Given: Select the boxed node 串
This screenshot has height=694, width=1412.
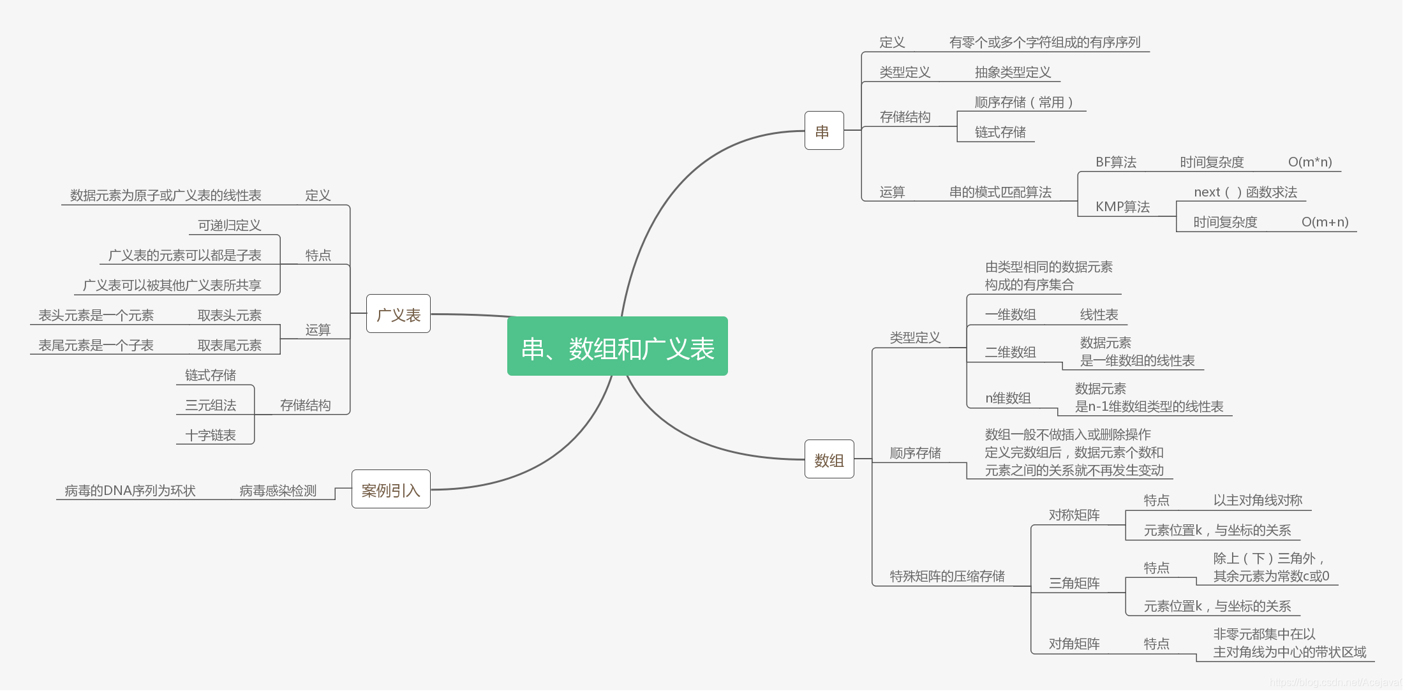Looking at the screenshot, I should point(824,131).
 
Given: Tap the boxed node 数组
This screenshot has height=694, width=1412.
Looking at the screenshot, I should point(829,459).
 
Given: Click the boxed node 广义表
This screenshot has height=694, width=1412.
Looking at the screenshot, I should point(398,314).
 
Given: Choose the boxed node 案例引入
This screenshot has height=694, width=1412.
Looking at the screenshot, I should point(390,489).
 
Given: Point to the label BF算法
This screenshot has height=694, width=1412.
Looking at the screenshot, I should point(1115,162).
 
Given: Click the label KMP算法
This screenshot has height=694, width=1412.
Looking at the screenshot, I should point(1122,207).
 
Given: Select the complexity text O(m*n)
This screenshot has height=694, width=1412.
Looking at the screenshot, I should point(1309,162).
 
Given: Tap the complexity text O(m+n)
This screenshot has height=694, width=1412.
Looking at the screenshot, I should point(1325,222).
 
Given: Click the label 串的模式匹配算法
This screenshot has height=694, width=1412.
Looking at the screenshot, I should point(1000,192).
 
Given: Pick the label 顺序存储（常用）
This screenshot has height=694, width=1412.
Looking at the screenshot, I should point(1023,102).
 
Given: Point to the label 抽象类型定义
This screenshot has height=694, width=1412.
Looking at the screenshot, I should point(1013,72).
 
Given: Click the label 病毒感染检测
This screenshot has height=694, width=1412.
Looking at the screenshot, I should point(278,491).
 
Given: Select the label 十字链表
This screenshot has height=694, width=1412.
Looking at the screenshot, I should point(210,435).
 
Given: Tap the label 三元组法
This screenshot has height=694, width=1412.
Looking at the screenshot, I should point(210,405).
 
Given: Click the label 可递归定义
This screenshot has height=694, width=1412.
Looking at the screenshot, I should point(229,225).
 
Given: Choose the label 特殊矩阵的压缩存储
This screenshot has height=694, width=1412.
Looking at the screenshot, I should point(947,576).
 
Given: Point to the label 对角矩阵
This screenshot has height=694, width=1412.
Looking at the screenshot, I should point(1074,644).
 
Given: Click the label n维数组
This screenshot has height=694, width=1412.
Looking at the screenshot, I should point(1007,398).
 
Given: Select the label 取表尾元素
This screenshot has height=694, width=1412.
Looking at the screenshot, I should point(229,345).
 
